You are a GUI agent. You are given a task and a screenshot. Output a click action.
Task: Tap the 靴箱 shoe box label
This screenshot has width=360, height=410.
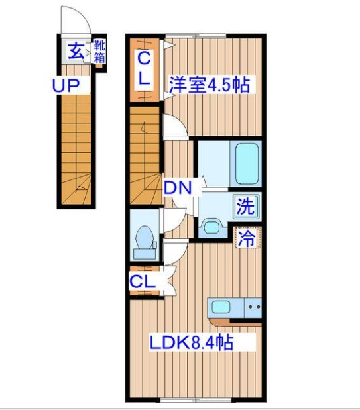click(x=99, y=51)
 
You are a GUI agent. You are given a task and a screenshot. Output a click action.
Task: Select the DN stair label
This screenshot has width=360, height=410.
click(x=178, y=188)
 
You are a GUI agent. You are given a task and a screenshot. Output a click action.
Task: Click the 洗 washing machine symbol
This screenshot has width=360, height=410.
click(x=245, y=205)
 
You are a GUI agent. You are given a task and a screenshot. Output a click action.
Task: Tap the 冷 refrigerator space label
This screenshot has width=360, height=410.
click(x=246, y=238)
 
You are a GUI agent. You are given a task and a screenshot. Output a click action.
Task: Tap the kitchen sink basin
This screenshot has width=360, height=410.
click(x=223, y=307)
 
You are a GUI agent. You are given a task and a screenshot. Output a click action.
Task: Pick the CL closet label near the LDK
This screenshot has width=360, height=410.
click(x=142, y=282)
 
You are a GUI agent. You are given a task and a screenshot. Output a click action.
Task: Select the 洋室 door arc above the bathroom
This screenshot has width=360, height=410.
click(x=174, y=127)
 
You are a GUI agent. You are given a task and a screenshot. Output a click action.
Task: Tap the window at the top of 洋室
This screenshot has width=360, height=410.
click(x=196, y=35)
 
